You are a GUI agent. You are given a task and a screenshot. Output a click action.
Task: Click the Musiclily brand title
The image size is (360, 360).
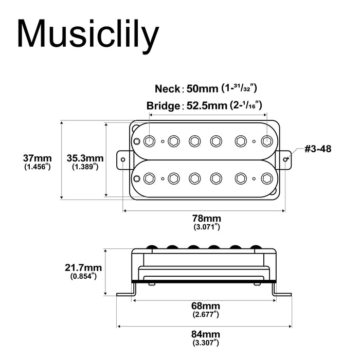(88, 35)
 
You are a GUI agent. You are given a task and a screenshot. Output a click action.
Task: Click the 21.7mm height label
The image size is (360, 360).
(83, 267)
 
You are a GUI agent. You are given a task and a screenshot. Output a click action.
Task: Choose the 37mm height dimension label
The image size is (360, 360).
(37, 158)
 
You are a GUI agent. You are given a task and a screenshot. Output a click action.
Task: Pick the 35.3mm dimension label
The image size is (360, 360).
(85, 158)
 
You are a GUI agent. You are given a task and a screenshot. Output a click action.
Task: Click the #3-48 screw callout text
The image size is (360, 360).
(318, 149)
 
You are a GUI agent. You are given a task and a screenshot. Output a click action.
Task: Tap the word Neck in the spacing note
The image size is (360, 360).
(167, 88)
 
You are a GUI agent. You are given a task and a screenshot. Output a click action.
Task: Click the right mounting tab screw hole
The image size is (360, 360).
(285, 159)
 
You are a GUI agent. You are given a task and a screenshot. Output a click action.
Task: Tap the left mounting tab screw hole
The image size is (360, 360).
(123, 159)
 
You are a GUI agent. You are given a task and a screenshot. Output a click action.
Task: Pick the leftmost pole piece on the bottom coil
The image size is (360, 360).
(150, 178)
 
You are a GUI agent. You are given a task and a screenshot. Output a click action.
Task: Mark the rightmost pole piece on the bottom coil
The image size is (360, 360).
(266, 178)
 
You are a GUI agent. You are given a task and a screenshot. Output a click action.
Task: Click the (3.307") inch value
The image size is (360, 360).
(205, 343)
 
